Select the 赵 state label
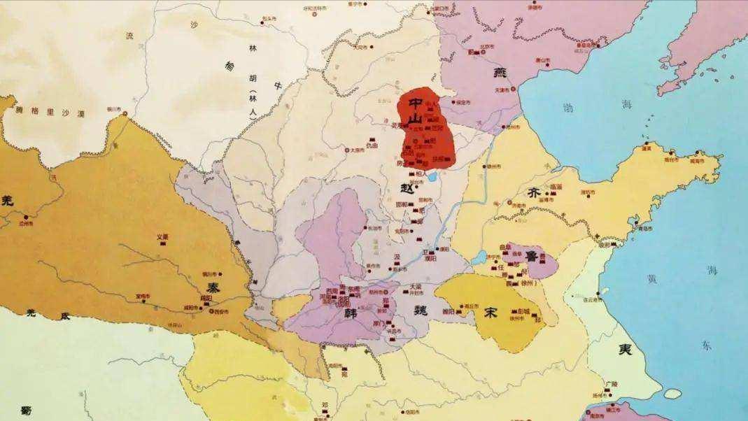(x=407, y=189)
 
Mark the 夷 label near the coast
(x=624, y=350)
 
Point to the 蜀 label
(x=27, y=410)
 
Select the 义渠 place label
(x=162, y=236)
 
